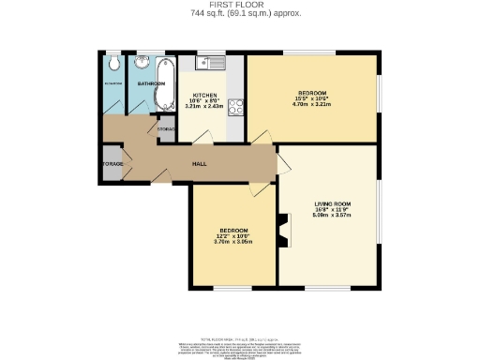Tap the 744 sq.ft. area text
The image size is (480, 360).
pos(239,14)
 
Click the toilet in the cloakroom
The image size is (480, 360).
pos(112,64)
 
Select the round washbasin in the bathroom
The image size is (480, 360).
pos(141,64)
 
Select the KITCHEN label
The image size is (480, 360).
pos(206,96)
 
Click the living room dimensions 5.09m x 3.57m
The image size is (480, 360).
pos(330,215)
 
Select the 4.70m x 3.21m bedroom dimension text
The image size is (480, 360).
pos(312,105)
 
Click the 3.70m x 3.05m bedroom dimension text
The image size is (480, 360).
pos(233,243)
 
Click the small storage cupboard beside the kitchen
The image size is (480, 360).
pos(165,131)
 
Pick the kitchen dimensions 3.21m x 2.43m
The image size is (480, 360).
pos(206,109)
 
